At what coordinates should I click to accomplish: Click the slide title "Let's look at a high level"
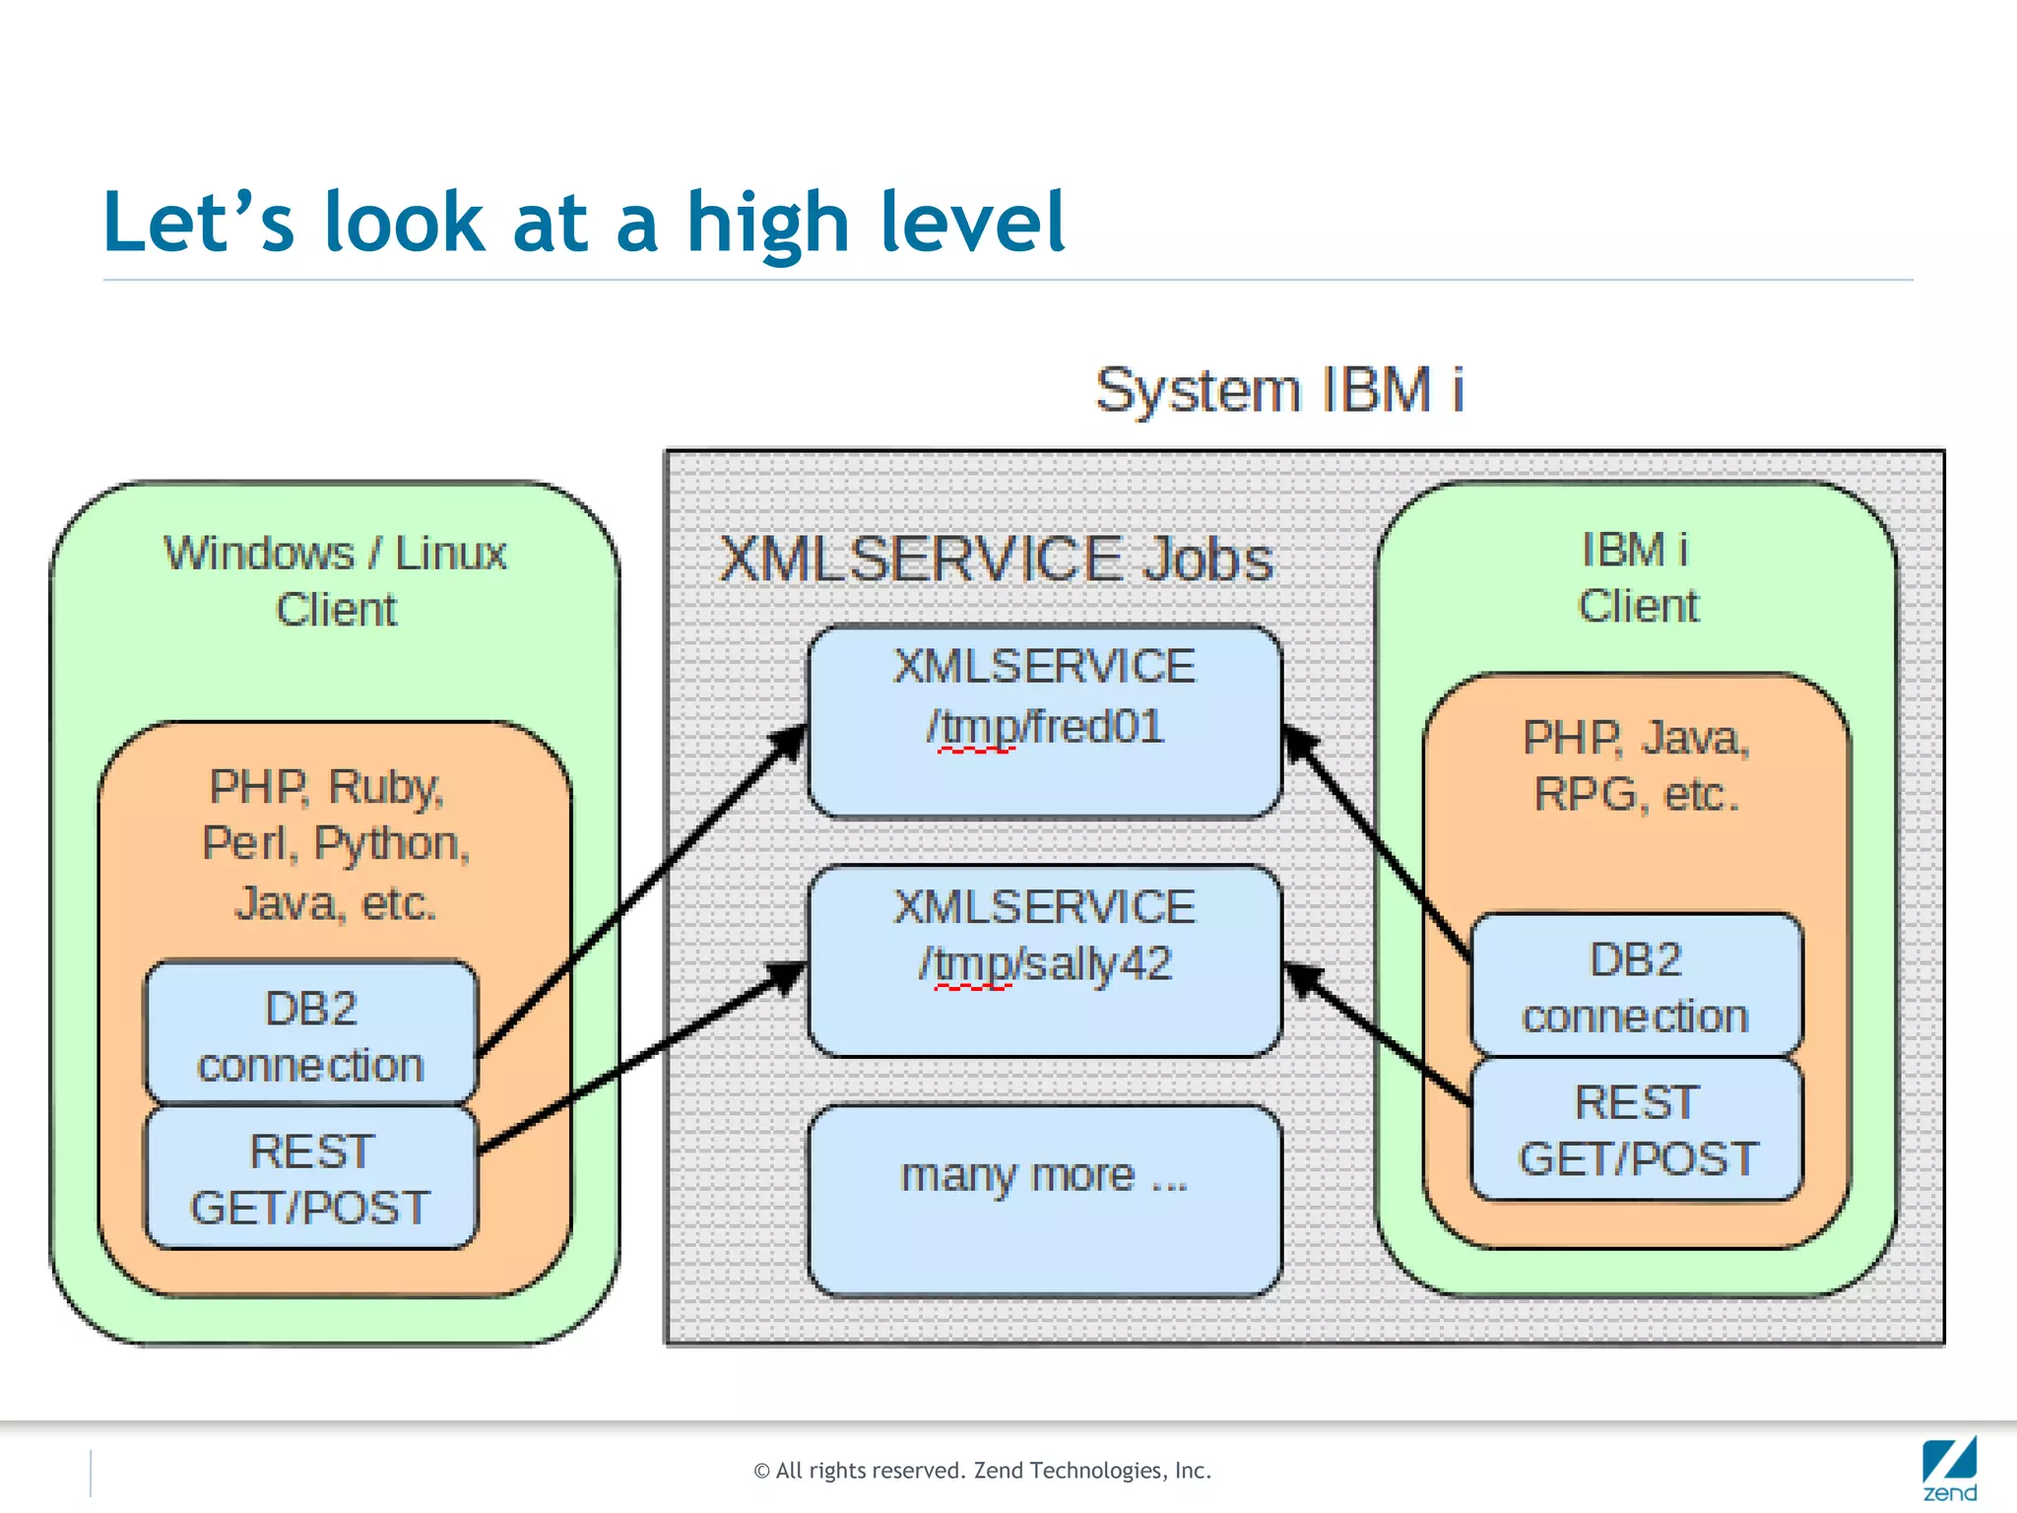(x=583, y=223)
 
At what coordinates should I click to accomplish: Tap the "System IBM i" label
(x=1278, y=390)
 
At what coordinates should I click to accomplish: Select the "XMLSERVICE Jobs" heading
(x=996, y=559)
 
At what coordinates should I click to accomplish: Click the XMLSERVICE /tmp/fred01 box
(x=1044, y=722)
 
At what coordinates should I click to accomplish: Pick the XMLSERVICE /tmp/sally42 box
(x=1044, y=961)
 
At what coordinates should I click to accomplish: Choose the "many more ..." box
(x=1044, y=1199)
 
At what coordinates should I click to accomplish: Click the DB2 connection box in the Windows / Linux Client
(x=311, y=1035)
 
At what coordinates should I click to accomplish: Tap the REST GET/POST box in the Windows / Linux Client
(x=311, y=1179)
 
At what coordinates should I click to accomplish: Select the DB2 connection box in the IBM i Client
(x=1636, y=987)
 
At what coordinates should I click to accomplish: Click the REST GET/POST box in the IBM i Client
(x=1636, y=1130)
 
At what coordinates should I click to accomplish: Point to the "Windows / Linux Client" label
(x=335, y=581)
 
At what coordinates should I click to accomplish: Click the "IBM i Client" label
(x=1637, y=578)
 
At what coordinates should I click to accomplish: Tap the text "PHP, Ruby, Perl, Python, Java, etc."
(x=335, y=845)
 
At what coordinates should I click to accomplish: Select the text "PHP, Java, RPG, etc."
(x=1636, y=766)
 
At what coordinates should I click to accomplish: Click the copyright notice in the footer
(x=982, y=1471)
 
